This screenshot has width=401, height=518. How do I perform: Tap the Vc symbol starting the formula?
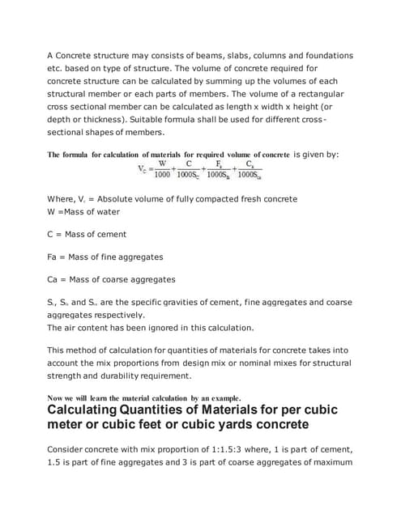point(143,169)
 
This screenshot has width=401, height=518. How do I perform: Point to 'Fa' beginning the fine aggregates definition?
point(52,257)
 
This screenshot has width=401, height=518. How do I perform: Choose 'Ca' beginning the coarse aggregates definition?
point(52,279)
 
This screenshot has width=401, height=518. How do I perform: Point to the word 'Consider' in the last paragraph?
point(68,451)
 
